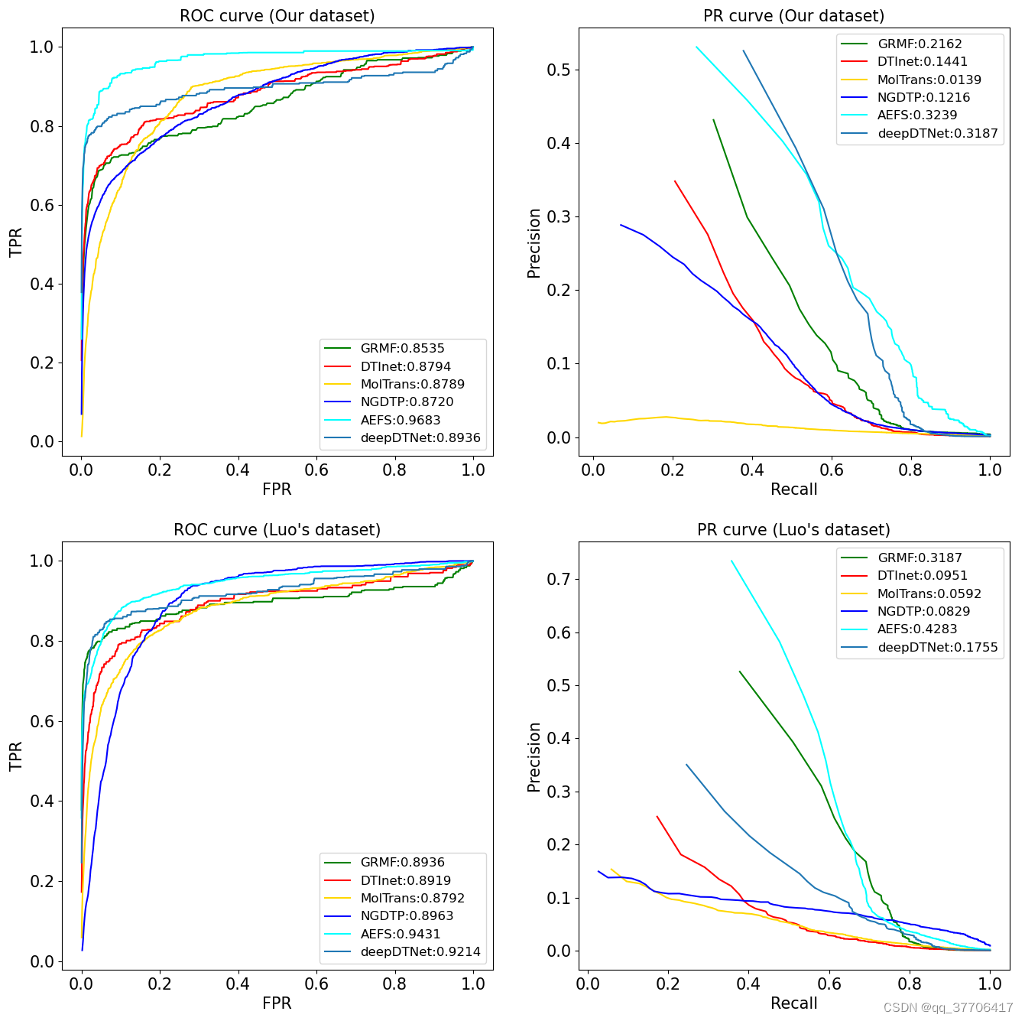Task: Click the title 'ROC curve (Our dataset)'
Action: click(x=277, y=16)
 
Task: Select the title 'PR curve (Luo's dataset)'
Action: click(x=793, y=530)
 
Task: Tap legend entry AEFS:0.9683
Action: click(x=400, y=420)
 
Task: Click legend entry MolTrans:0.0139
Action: click(x=929, y=80)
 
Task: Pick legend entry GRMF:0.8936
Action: click(x=402, y=862)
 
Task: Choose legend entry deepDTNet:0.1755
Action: click(x=937, y=647)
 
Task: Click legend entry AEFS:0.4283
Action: click(x=916, y=629)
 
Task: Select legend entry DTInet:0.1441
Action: click(x=922, y=62)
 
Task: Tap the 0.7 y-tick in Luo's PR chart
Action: click(x=559, y=579)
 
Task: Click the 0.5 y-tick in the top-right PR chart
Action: click(x=559, y=70)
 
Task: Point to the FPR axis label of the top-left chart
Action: click(x=277, y=489)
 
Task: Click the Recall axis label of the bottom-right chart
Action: click(x=793, y=1003)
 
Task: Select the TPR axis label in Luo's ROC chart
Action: click(x=16, y=756)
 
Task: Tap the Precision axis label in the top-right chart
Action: click(x=534, y=243)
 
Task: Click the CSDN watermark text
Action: click(x=948, y=1008)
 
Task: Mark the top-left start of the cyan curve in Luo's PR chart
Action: click(x=731, y=561)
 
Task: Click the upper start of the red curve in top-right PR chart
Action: click(x=675, y=181)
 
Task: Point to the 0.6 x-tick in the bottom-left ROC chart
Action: click(x=316, y=984)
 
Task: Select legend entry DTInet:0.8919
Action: click(x=405, y=880)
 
